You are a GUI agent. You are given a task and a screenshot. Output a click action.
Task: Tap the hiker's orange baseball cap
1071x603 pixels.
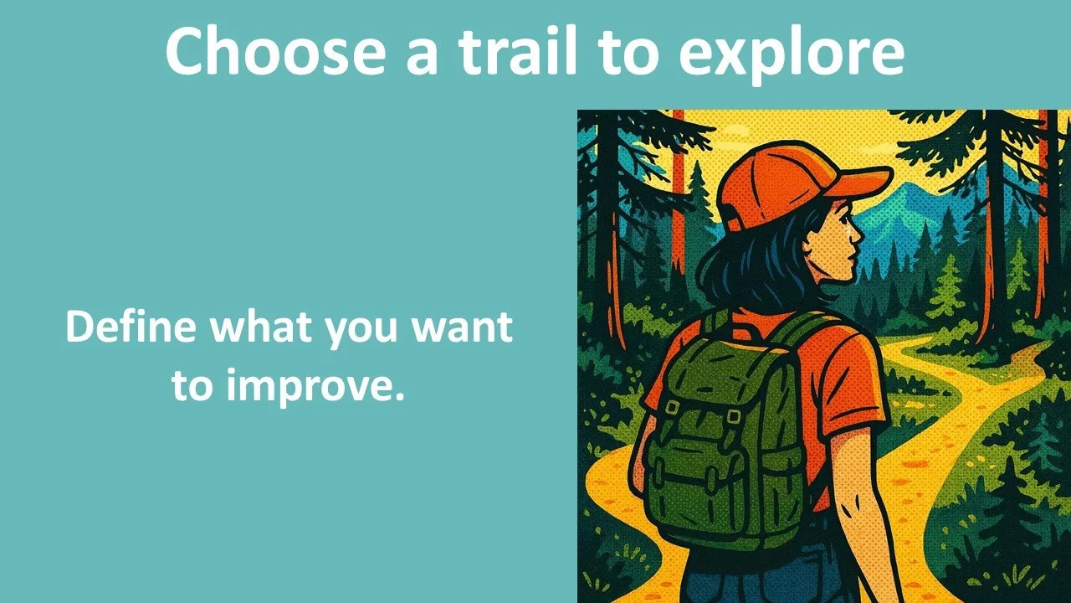pos(770,180)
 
